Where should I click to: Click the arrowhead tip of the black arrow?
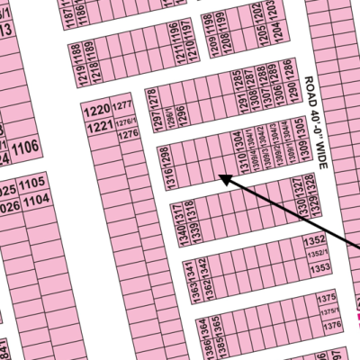click(220, 177)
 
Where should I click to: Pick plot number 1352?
click(314, 240)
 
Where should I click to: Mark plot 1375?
click(328, 296)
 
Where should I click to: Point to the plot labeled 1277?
click(125, 108)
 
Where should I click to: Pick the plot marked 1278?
click(152, 96)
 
